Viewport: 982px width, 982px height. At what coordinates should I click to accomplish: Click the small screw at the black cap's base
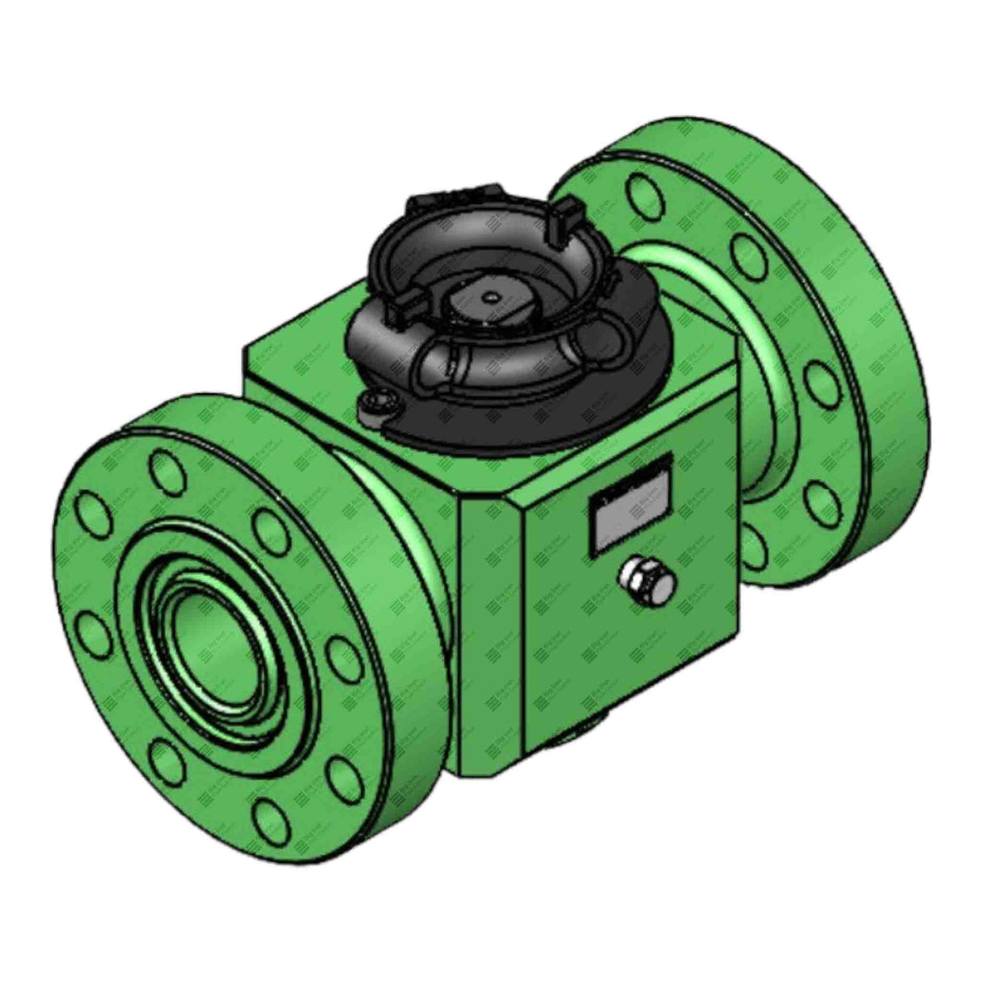377,404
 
